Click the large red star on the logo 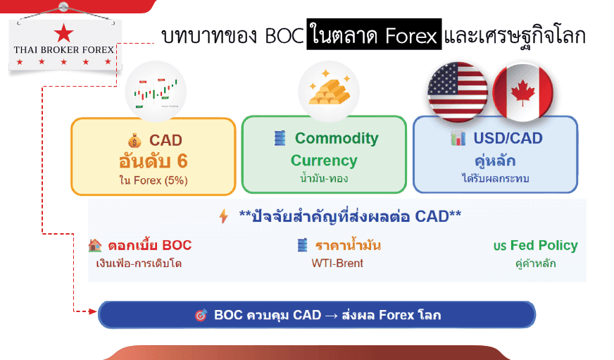[63, 32]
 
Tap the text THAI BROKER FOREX [64, 50]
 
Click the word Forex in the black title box [411, 37]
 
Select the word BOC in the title [284, 37]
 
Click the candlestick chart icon [156, 92]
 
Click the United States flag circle [458, 92]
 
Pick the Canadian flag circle [522, 93]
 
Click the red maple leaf [522, 94]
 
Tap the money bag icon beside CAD [134, 140]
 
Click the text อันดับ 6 [153, 161]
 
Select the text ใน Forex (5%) [153, 180]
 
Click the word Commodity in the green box [337, 138]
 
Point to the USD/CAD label [508, 138]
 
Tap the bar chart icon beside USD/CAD [458, 138]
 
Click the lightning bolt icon [224, 216]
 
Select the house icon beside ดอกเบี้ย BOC [95, 245]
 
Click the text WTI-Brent [337, 263]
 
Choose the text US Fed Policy [535, 246]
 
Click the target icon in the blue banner [201, 315]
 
